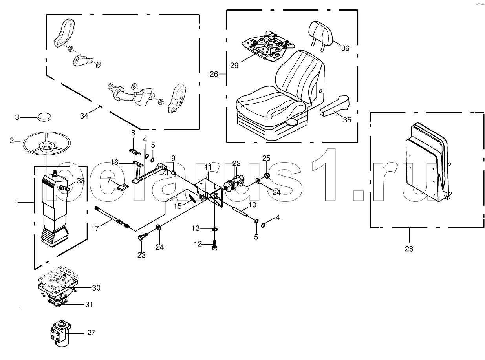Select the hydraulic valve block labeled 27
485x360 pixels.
point(60,333)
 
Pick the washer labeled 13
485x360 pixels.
point(214,229)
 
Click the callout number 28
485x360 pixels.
point(409,249)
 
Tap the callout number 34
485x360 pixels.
point(84,116)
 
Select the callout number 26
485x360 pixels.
point(214,73)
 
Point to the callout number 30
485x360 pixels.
point(96,288)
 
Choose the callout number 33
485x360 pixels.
point(81,181)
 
